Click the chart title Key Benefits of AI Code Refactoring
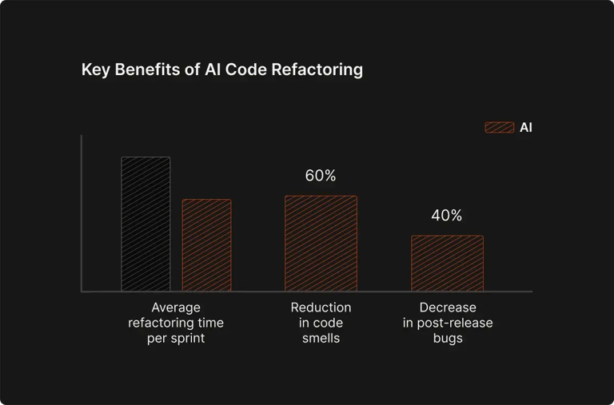click(x=221, y=70)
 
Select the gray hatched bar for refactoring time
click(x=146, y=224)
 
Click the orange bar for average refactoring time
click(x=206, y=245)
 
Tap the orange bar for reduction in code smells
click(x=321, y=244)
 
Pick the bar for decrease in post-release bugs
click(x=447, y=264)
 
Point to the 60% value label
click(x=321, y=176)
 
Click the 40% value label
click(x=447, y=216)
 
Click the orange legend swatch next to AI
click(x=500, y=127)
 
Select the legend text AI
click(x=525, y=127)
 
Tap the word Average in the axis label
click(x=176, y=308)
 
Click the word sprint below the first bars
click(x=187, y=338)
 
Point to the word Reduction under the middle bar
click(x=321, y=308)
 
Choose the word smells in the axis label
click(x=321, y=338)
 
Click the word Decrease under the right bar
click(x=448, y=308)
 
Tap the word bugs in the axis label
click(x=448, y=338)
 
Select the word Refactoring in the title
click(x=317, y=70)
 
